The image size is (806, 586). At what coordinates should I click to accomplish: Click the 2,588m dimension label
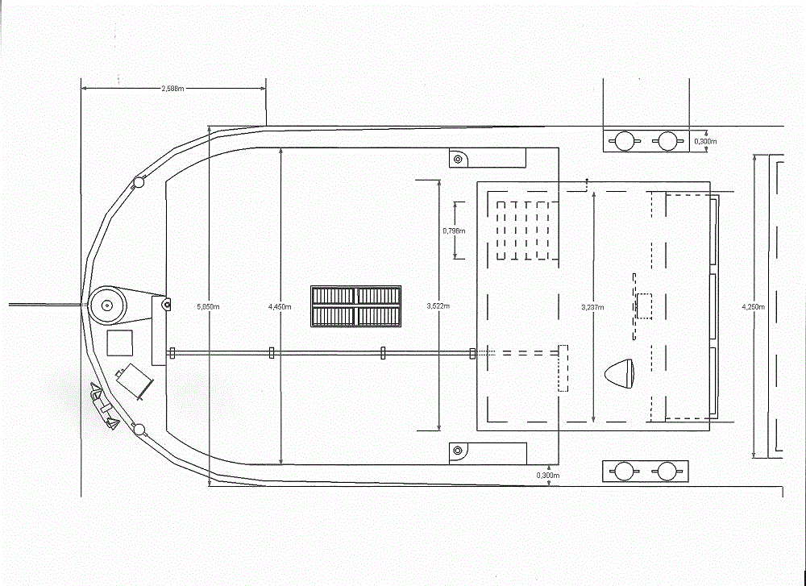(172, 88)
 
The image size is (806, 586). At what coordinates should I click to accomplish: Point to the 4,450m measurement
(280, 306)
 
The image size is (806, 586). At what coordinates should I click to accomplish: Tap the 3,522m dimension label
(438, 306)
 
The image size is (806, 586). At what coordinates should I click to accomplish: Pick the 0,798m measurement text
(454, 231)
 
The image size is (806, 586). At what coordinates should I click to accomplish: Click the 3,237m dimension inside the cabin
(593, 306)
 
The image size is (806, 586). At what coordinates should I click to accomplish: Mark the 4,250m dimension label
(753, 306)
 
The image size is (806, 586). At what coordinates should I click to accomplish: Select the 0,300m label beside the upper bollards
(706, 141)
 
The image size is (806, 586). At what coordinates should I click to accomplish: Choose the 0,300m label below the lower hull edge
(547, 476)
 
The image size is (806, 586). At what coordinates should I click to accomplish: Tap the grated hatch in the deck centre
(356, 306)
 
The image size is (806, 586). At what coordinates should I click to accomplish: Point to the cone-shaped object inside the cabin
(621, 372)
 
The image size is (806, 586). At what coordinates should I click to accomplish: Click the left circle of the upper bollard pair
(623, 141)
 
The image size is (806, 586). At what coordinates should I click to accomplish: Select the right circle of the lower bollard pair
(667, 472)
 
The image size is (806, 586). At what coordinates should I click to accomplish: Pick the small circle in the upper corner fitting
(458, 159)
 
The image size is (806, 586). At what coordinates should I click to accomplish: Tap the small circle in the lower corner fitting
(458, 451)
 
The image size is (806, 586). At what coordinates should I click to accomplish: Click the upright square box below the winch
(121, 342)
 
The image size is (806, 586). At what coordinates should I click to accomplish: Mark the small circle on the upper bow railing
(139, 183)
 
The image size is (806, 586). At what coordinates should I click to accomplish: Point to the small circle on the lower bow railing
(139, 428)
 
